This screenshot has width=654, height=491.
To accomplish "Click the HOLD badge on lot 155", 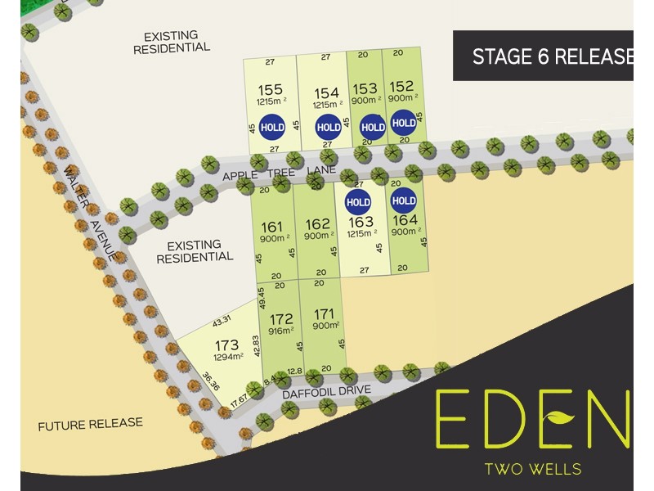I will coord(272,128).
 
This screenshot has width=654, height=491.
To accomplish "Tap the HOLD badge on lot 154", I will coord(328,127).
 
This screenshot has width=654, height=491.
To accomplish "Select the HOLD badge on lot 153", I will coord(372,127).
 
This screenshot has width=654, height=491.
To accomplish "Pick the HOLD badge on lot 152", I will coord(403,124).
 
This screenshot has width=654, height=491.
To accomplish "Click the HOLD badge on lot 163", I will coord(358,201).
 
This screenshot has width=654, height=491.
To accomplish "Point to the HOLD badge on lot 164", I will coord(403,200).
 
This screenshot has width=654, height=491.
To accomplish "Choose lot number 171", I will coord(325,313).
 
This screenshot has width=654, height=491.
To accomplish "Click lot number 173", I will coord(228,345).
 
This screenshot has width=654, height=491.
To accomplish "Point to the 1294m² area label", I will coord(228,357).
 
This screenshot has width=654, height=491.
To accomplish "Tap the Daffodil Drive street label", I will coord(328,394).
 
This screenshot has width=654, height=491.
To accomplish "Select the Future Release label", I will coord(91,423).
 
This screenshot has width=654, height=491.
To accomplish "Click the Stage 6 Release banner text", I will coord(553,56).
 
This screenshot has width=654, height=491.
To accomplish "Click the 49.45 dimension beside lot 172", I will coord(262,298).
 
